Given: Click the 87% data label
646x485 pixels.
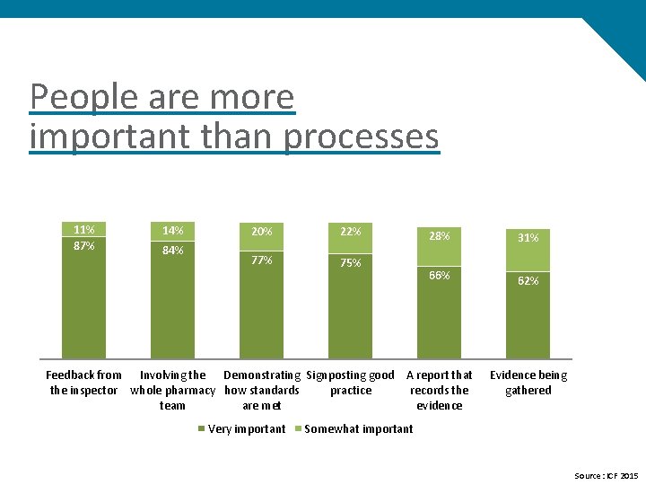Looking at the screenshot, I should tap(83, 246).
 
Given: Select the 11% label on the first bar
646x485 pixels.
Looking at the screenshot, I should tap(83, 229).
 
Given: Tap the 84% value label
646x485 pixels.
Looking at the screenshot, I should tap(172, 251).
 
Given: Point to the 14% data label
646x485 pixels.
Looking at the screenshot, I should tap(172, 231).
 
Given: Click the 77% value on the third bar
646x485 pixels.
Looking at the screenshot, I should tap(262, 260).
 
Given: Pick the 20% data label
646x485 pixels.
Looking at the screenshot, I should tap(262, 232).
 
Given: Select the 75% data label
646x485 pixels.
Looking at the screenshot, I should tap(351, 263).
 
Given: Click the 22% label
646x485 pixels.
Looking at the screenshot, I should tap(351, 232).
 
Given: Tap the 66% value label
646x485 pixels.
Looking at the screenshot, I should tap(440, 275).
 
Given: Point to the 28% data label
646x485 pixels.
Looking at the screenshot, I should tap(440, 236).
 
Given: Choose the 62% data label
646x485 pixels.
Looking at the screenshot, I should tap(528, 281).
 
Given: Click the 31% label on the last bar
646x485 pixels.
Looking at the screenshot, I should tap(528, 238).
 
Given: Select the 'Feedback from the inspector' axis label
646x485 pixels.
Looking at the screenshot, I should tap(83, 383).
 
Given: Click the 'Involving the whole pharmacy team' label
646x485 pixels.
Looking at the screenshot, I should tap(172, 390).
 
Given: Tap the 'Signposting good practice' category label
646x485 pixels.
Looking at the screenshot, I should tap(351, 383).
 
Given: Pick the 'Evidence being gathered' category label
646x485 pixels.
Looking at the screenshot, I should tap(528, 383).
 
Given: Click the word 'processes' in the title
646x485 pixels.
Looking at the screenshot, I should tap(362, 137).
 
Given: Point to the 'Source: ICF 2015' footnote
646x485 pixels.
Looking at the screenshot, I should tap(606, 475).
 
